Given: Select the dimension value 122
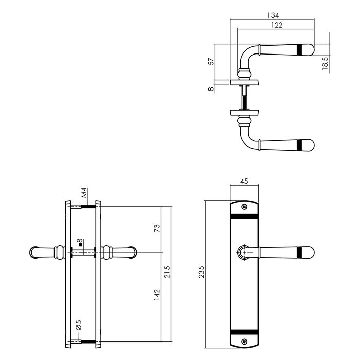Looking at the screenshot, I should tap(275, 25).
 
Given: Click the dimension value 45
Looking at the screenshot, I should tap(245, 181).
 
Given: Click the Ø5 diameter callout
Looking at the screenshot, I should tap(78, 326).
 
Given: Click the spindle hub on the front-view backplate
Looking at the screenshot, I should tap(245, 252).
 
